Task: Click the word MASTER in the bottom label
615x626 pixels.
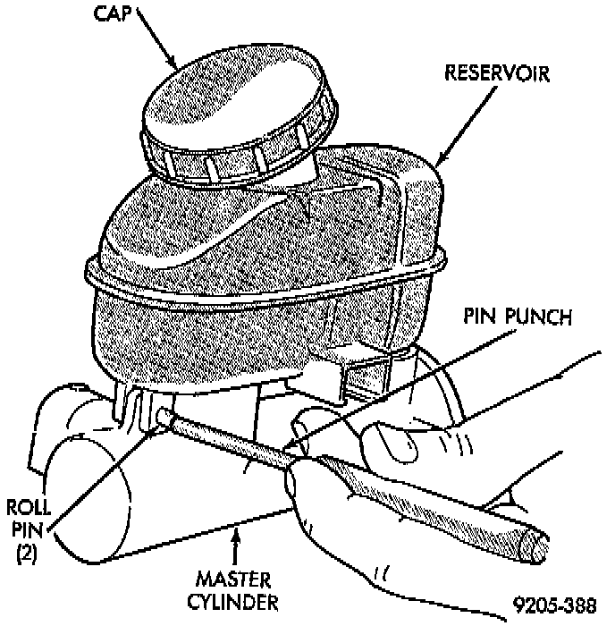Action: coord(233,578)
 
